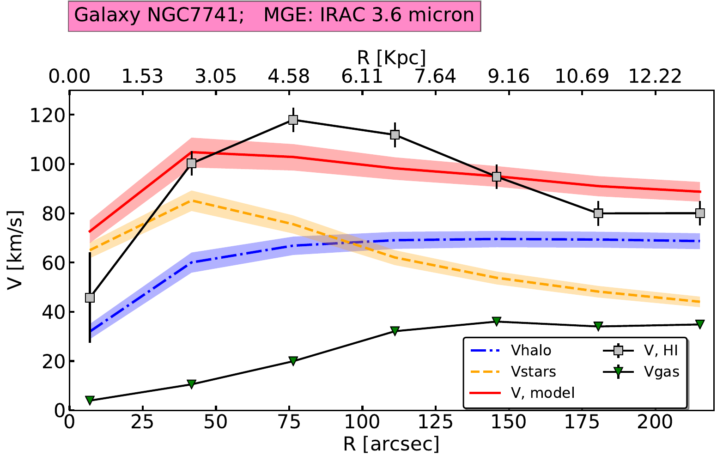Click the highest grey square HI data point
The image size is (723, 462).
coord(293,120)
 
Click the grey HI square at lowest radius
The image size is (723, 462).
coord(90,298)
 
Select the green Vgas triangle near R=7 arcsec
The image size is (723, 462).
coord(90,400)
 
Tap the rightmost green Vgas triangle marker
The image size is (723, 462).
coord(700,324)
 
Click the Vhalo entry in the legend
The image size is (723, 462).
coord(531,351)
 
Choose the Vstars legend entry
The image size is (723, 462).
coord(533,371)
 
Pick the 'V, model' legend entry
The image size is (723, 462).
coord(542,393)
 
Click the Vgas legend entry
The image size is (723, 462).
coord(662,371)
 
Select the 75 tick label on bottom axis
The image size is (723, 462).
coord(289,422)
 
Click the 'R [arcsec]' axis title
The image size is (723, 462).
coord(391,444)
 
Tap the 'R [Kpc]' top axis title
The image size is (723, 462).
coord(391,58)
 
